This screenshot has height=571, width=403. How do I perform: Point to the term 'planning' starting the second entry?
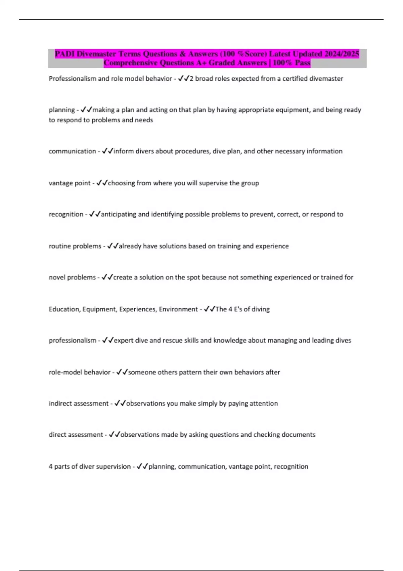click(x=62, y=110)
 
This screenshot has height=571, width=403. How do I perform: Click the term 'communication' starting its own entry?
click(x=72, y=151)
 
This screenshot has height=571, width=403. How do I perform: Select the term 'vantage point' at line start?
click(x=70, y=183)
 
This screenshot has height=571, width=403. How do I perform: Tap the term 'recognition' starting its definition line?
click(x=66, y=214)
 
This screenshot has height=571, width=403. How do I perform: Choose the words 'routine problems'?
click(x=75, y=246)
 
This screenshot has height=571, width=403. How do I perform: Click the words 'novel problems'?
click(x=72, y=277)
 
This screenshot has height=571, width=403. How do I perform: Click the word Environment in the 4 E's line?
click(x=178, y=309)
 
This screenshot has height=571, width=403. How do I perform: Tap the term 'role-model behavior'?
click(x=80, y=372)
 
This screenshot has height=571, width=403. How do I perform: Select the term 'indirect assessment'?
click(x=79, y=403)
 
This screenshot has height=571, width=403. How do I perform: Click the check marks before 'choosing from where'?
click(x=102, y=183)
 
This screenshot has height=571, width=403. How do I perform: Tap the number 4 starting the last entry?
click(x=51, y=467)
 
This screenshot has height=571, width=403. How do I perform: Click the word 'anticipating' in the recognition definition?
click(x=119, y=214)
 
